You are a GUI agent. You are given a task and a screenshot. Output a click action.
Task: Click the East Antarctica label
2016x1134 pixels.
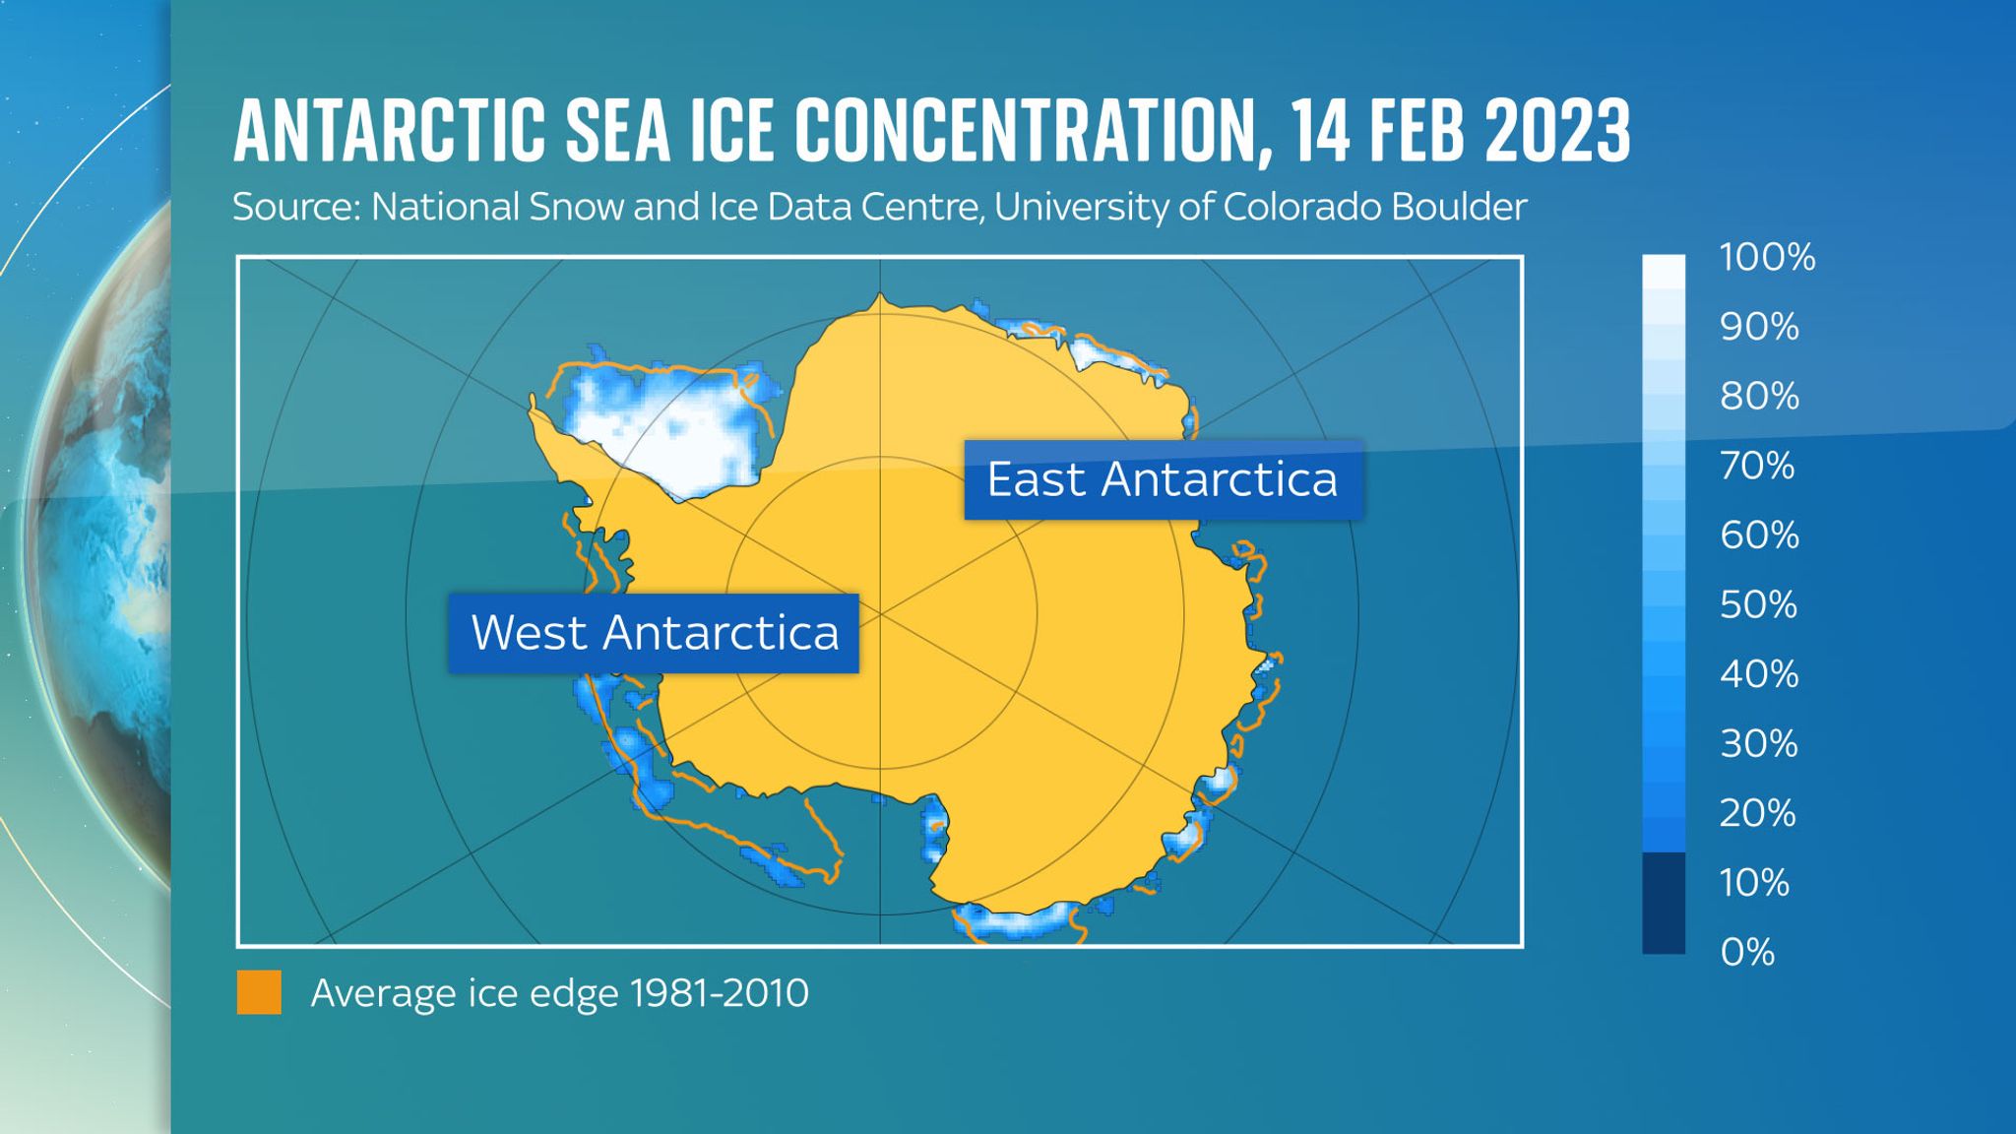click(1163, 480)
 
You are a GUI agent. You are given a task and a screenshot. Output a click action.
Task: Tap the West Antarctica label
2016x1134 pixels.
click(654, 633)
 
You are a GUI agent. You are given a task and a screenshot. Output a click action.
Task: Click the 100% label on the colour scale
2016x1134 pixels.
click(1767, 258)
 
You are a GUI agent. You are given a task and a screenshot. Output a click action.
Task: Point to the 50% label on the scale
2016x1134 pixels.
click(1759, 604)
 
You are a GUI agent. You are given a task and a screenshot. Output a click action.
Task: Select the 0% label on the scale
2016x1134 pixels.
click(1747, 952)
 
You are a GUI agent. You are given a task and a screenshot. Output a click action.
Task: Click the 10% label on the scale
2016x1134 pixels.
click(1754, 882)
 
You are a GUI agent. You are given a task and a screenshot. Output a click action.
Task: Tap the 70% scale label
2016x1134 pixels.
click(1757, 466)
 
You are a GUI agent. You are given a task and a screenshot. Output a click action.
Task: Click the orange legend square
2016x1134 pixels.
click(259, 992)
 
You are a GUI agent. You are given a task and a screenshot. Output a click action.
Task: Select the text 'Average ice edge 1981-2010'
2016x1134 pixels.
click(559, 993)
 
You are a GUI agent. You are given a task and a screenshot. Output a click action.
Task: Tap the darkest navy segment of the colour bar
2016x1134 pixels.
click(1663, 903)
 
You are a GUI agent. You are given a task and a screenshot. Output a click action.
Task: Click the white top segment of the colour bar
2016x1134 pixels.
click(1663, 271)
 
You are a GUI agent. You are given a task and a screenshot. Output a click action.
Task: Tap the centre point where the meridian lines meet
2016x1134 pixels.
click(880, 613)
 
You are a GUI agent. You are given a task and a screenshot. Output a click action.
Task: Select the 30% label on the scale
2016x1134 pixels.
click(1759, 744)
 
